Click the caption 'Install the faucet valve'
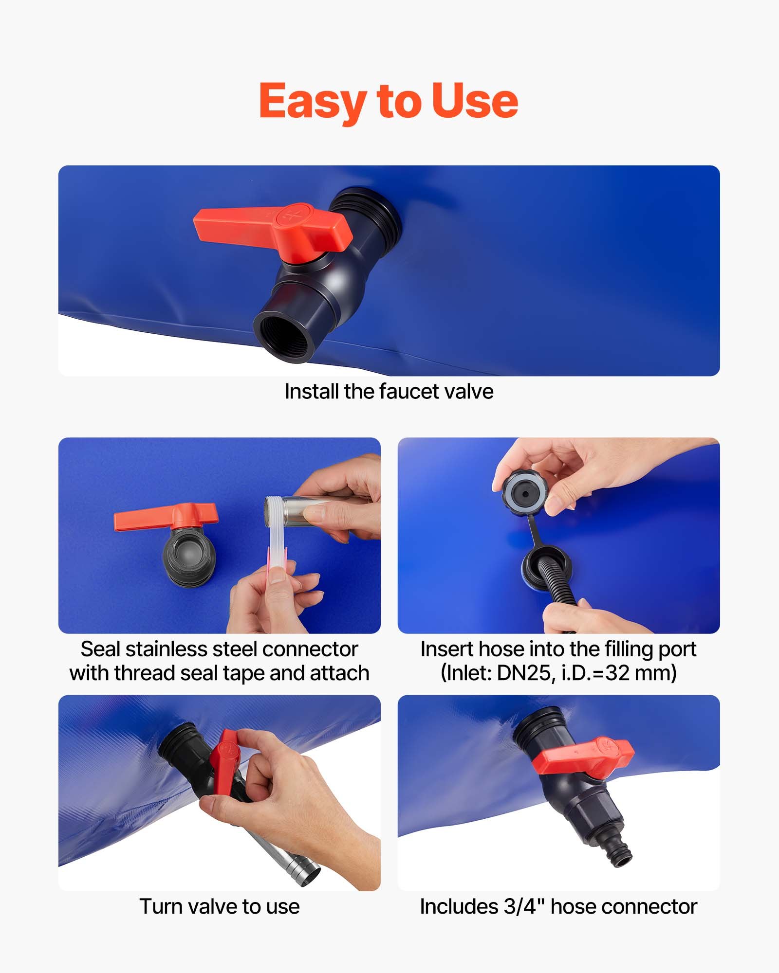[x=389, y=392]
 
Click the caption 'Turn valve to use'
[x=219, y=907]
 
